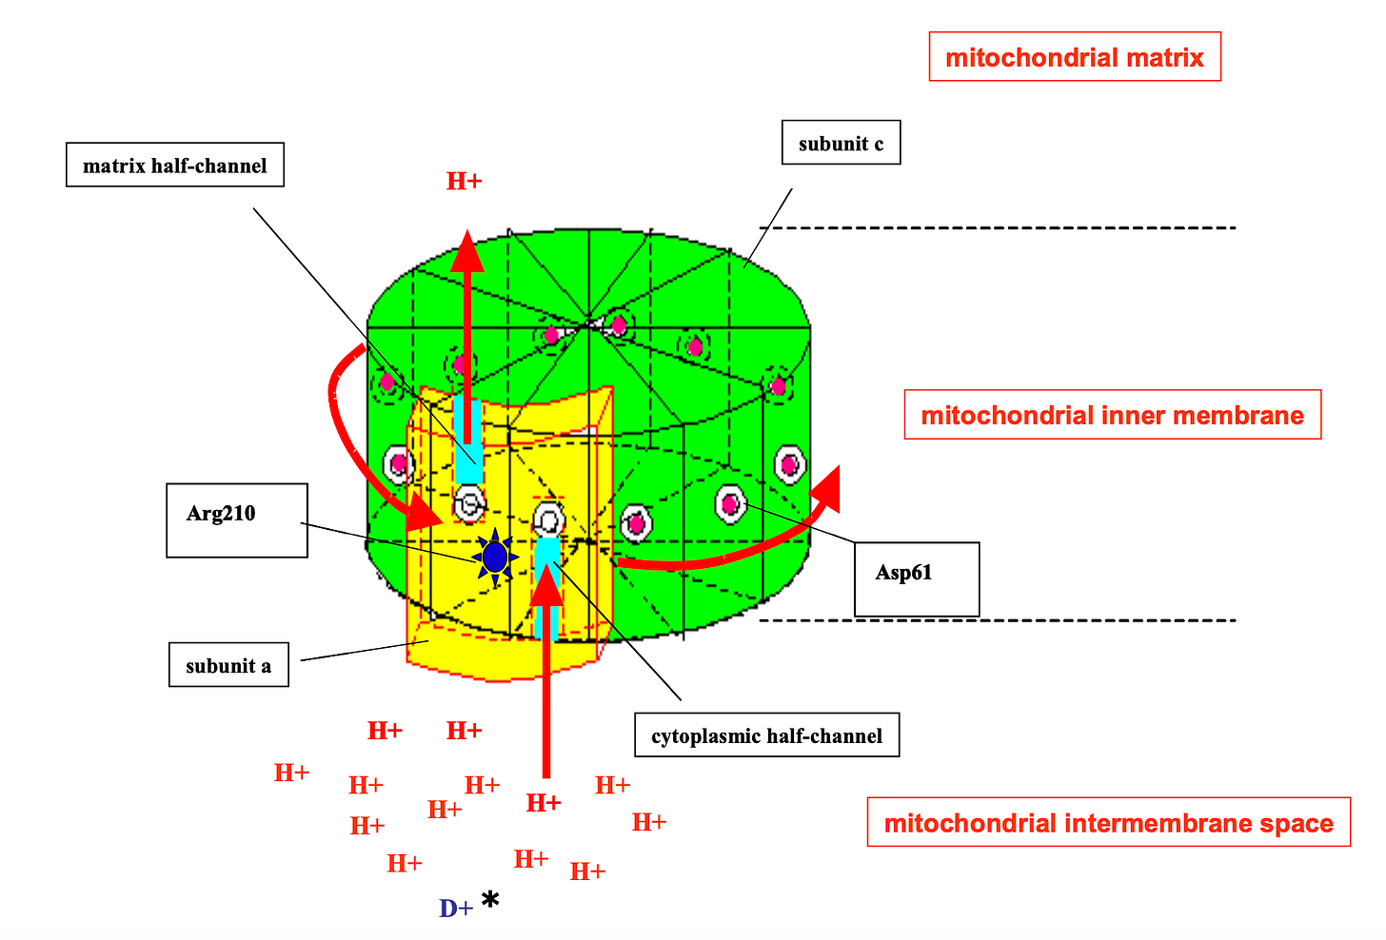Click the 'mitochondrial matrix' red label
pyautogui.click(x=1074, y=57)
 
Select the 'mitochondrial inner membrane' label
pyautogui.click(x=1112, y=415)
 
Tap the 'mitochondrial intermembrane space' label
pyautogui.click(x=1108, y=822)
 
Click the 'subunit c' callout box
pyautogui.click(x=841, y=144)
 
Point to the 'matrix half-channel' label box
pyautogui.click(x=175, y=166)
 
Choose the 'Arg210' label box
pyautogui.click(x=236, y=519)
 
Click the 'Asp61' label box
pyautogui.click(x=916, y=578)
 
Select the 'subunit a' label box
pyautogui.click(x=228, y=665)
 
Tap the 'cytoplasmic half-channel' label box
pyautogui.click(x=766, y=735)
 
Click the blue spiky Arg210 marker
pyautogui.click(x=495, y=557)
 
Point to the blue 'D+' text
pyautogui.click(x=456, y=909)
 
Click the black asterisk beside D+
pyautogui.click(x=490, y=900)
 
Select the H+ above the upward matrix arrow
pyautogui.click(x=465, y=182)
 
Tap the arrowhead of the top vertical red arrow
pyautogui.click(x=466, y=252)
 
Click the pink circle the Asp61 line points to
pyautogui.click(x=730, y=502)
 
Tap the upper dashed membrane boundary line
pyautogui.click(x=1000, y=228)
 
